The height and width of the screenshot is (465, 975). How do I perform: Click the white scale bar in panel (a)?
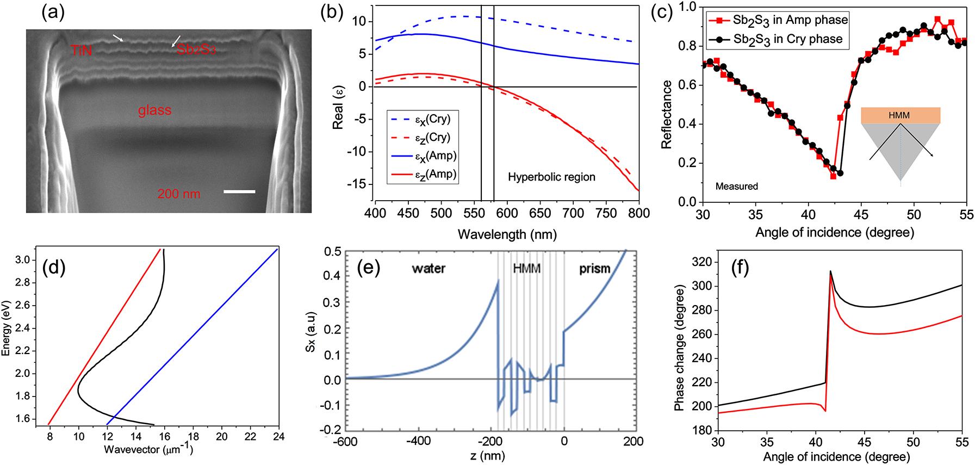coord(239,191)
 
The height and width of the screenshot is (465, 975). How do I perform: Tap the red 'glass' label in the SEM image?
coord(154,110)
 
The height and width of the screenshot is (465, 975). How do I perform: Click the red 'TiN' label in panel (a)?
coord(81,51)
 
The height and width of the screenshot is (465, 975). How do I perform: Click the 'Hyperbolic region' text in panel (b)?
coord(551,177)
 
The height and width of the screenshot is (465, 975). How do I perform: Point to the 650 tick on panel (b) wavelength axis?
coord(540,213)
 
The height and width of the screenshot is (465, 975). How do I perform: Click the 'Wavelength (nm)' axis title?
coord(507,234)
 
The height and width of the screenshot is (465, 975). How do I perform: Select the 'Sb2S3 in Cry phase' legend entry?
coord(778,39)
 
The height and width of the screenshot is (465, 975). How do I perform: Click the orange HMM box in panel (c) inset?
coord(900,115)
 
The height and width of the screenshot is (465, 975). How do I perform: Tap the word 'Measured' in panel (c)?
coord(736,187)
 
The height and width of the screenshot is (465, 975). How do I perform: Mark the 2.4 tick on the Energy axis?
coord(22,328)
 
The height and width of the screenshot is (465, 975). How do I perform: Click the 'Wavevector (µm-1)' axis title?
coord(148,449)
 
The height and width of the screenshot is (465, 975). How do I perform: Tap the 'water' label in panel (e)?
coord(428,268)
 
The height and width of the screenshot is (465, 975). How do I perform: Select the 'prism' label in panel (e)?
coord(594,268)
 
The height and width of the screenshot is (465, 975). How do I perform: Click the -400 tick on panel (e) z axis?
coord(418,441)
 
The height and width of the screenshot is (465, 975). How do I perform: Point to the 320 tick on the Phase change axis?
coord(701,262)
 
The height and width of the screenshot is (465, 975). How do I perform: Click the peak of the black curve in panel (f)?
coord(830,271)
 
